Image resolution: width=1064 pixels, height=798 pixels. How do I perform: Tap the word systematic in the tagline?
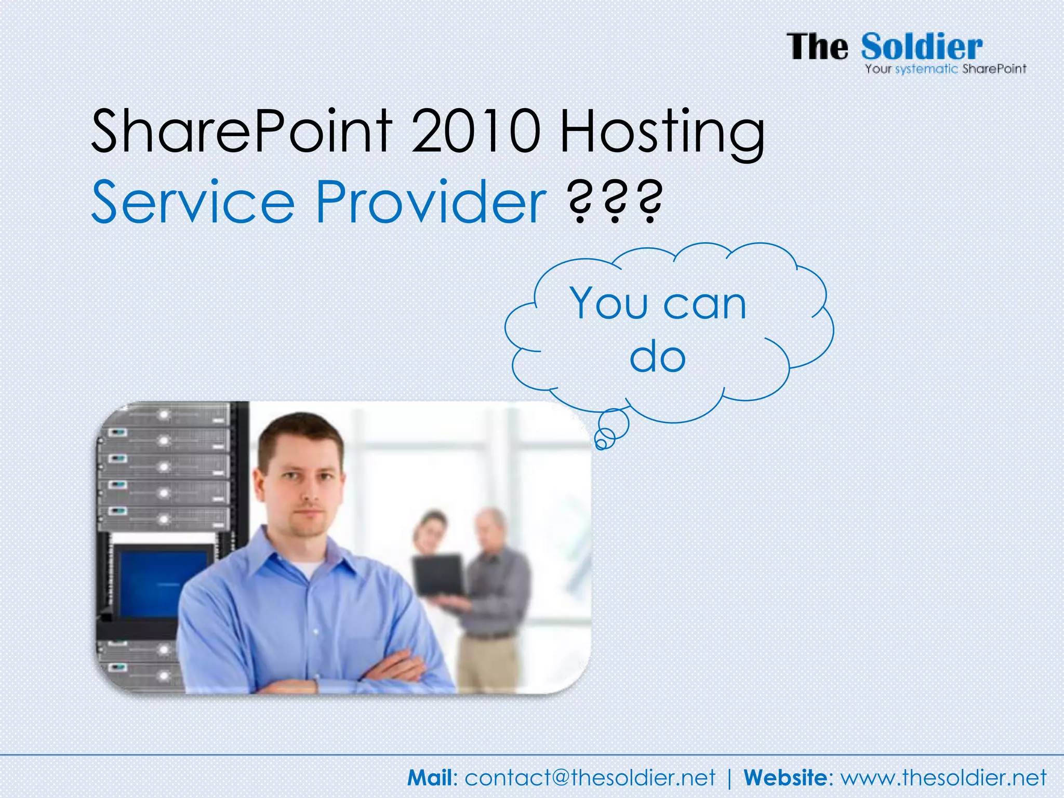pyautogui.click(x=926, y=69)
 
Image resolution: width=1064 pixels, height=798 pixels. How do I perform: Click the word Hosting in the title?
pyautogui.click(x=662, y=132)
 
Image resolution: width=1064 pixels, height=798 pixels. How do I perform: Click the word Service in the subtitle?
pyautogui.click(x=193, y=202)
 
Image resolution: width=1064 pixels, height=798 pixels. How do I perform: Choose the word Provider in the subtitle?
pyautogui.click(x=431, y=202)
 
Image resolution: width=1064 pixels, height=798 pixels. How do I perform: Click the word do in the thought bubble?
pyautogui.click(x=658, y=357)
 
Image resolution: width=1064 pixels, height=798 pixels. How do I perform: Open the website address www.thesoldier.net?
pyautogui.click(x=943, y=778)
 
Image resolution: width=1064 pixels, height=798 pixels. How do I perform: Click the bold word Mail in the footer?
pyautogui.click(x=430, y=778)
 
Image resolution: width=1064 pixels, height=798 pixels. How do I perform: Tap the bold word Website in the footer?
pyautogui.click(x=784, y=778)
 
